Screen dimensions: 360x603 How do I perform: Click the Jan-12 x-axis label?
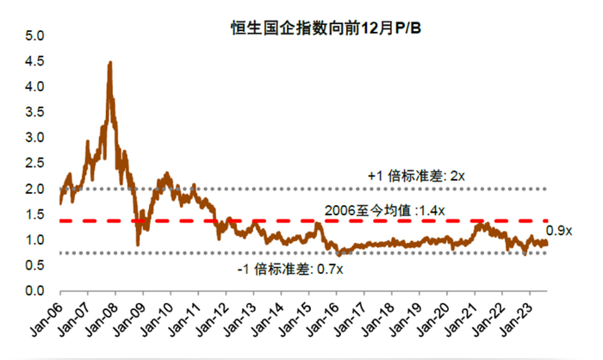click(x=213, y=318)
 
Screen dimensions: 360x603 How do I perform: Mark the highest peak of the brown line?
click(x=109, y=63)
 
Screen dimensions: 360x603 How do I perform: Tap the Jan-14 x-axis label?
click(x=269, y=318)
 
